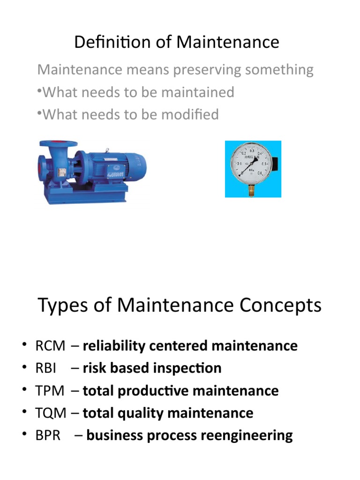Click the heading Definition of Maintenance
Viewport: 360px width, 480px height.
(177, 43)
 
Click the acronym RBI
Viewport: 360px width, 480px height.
(46, 368)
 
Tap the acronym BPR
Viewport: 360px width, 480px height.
(48, 436)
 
